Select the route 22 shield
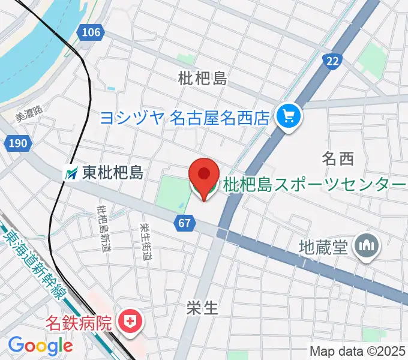pyautogui.click(x=332, y=61)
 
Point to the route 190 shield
pyautogui.click(x=18, y=143)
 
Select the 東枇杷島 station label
pyautogui.click(x=113, y=173)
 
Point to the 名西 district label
pyautogui.click(x=338, y=159)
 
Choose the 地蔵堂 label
pyautogui.click(x=323, y=247)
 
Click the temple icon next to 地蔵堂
pyautogui.click(x=366, y=245)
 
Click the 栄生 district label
pyautogui.click(x=202, y=308)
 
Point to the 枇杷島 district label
pyautogui.click(x=202, y=78)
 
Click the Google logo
pyautogui.click(x=40, y=346)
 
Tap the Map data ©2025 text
pyautogui.click(x=358, y=350)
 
